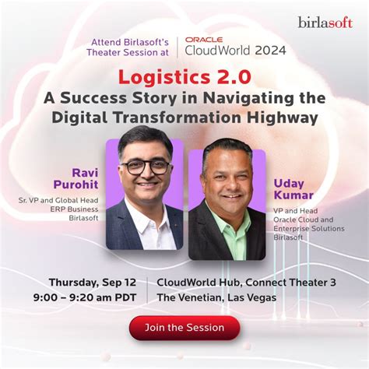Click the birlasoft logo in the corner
point(325,22)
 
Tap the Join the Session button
point(184,328)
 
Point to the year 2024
point(269,51)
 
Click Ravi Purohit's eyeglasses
point(146,167)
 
